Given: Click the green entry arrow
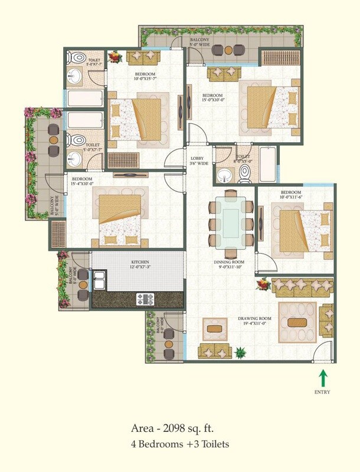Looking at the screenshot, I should [322, 378].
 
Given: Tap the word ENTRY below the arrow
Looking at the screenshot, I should [322, 392].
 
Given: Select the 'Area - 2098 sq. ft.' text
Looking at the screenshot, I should [180, 430].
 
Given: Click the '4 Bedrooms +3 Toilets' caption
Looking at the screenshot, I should [180, 444].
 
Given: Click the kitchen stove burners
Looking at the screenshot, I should [145, 299].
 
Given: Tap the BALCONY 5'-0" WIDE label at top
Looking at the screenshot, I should [199, 41].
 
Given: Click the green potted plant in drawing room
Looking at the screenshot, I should [240, 353].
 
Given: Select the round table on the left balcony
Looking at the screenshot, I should [53, 140].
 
